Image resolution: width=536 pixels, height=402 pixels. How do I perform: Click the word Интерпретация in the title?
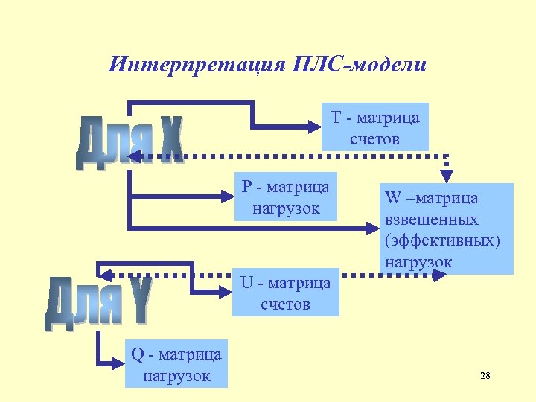click(195, 64)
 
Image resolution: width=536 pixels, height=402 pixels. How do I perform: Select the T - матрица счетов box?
click(375, 127)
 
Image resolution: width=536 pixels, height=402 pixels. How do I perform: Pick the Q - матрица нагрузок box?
click(176, 364)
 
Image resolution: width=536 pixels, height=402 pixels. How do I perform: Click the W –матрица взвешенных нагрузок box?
click(449, 229)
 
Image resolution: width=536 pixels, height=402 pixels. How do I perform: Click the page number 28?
click(485, 376)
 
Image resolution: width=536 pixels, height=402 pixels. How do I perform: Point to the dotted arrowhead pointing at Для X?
click(135, 156)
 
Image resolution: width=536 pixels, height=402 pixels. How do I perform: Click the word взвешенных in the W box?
click(432, 220)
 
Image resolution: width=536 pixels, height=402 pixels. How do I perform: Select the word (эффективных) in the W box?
click(443, 240)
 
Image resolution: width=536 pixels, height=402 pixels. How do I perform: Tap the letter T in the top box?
click(336, 117)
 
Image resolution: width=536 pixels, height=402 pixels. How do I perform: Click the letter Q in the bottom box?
click(137, 354)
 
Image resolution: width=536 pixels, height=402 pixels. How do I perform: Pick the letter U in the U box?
click(246, 282)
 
